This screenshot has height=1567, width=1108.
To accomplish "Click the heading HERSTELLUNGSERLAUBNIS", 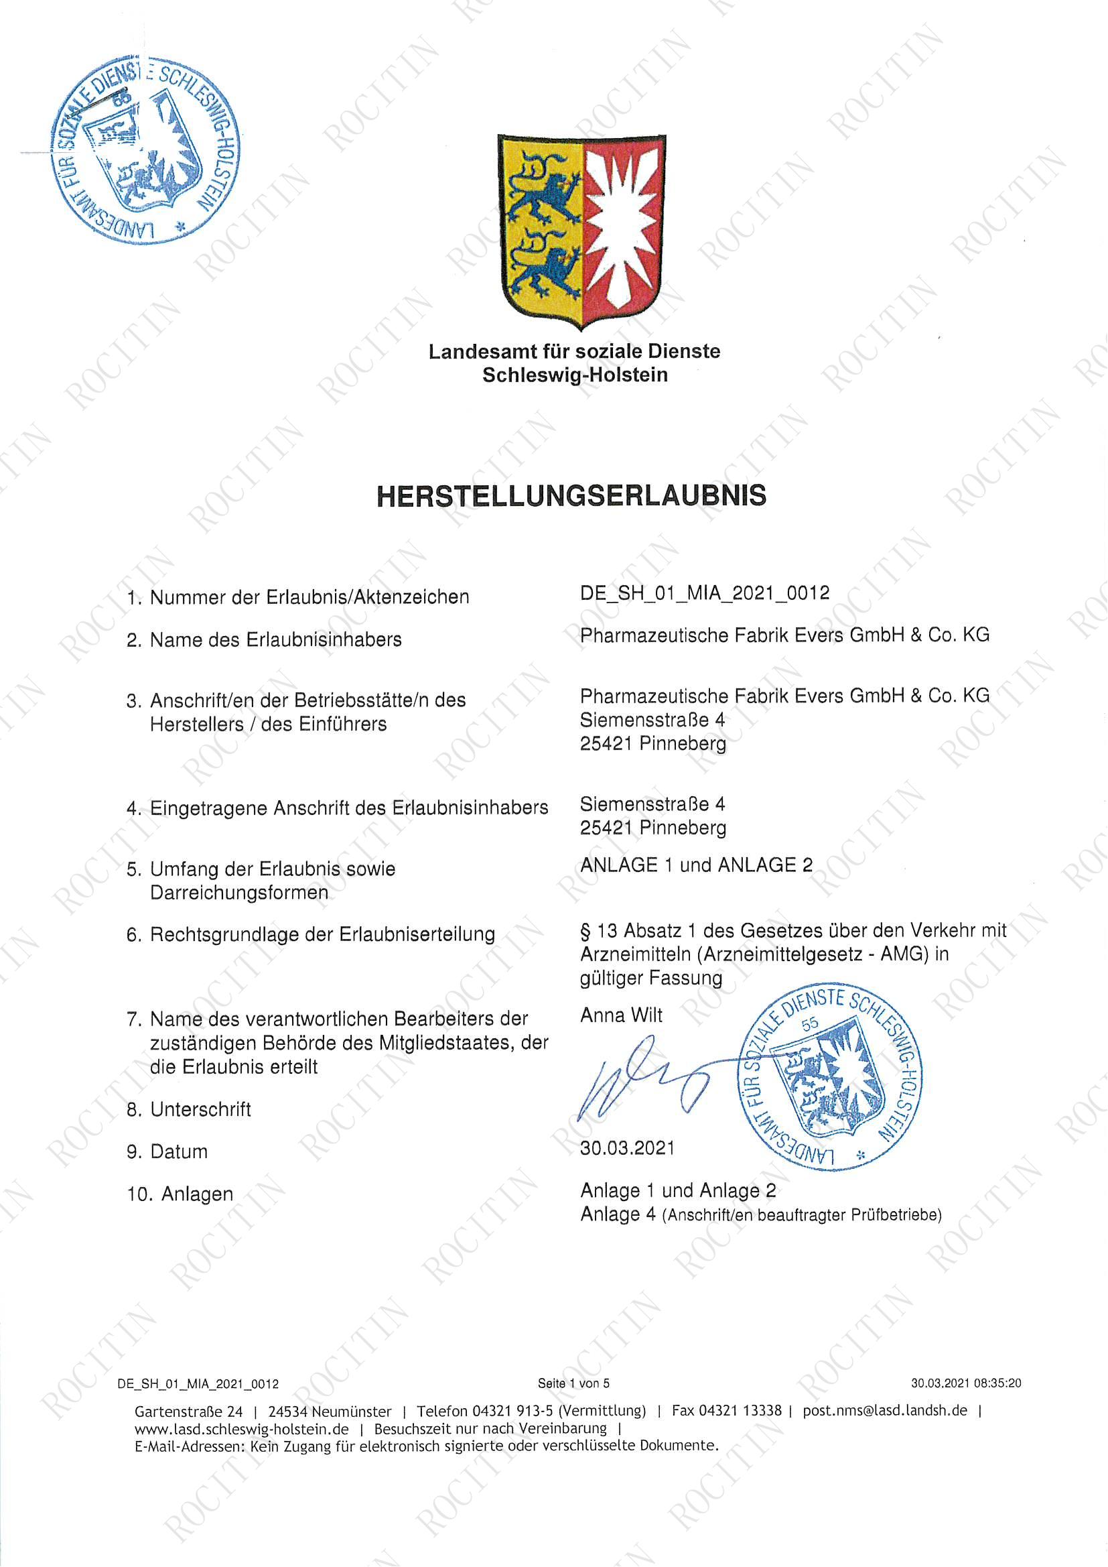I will click(x=571, y=496).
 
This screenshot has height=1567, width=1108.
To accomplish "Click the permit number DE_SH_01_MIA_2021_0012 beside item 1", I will click(x=705, y=592).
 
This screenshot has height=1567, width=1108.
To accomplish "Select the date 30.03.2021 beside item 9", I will click(x=627, y=1148).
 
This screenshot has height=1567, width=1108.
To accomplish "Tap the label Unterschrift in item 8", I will click(x=200, y=1109).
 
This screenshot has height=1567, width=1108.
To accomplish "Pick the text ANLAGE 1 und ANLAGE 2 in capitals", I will click(x=696, y=865).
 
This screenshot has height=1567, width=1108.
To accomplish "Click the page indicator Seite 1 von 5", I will click(x=573, y=1383).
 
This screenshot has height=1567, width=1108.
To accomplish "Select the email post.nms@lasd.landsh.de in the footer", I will click(x=885, y=1411).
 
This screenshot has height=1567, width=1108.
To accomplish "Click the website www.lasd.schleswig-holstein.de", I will click(x=242, y=1428).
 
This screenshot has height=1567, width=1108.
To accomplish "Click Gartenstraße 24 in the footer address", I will click(x=188, y=1412).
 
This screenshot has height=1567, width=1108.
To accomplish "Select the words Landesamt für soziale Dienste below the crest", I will click(x=575, y=351).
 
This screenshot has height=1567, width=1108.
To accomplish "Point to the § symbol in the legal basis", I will click(x=585, y=931).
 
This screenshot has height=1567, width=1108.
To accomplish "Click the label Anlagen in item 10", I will click(x=197, y=1194).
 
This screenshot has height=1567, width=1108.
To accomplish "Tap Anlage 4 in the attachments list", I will click(x=618, y=1214).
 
